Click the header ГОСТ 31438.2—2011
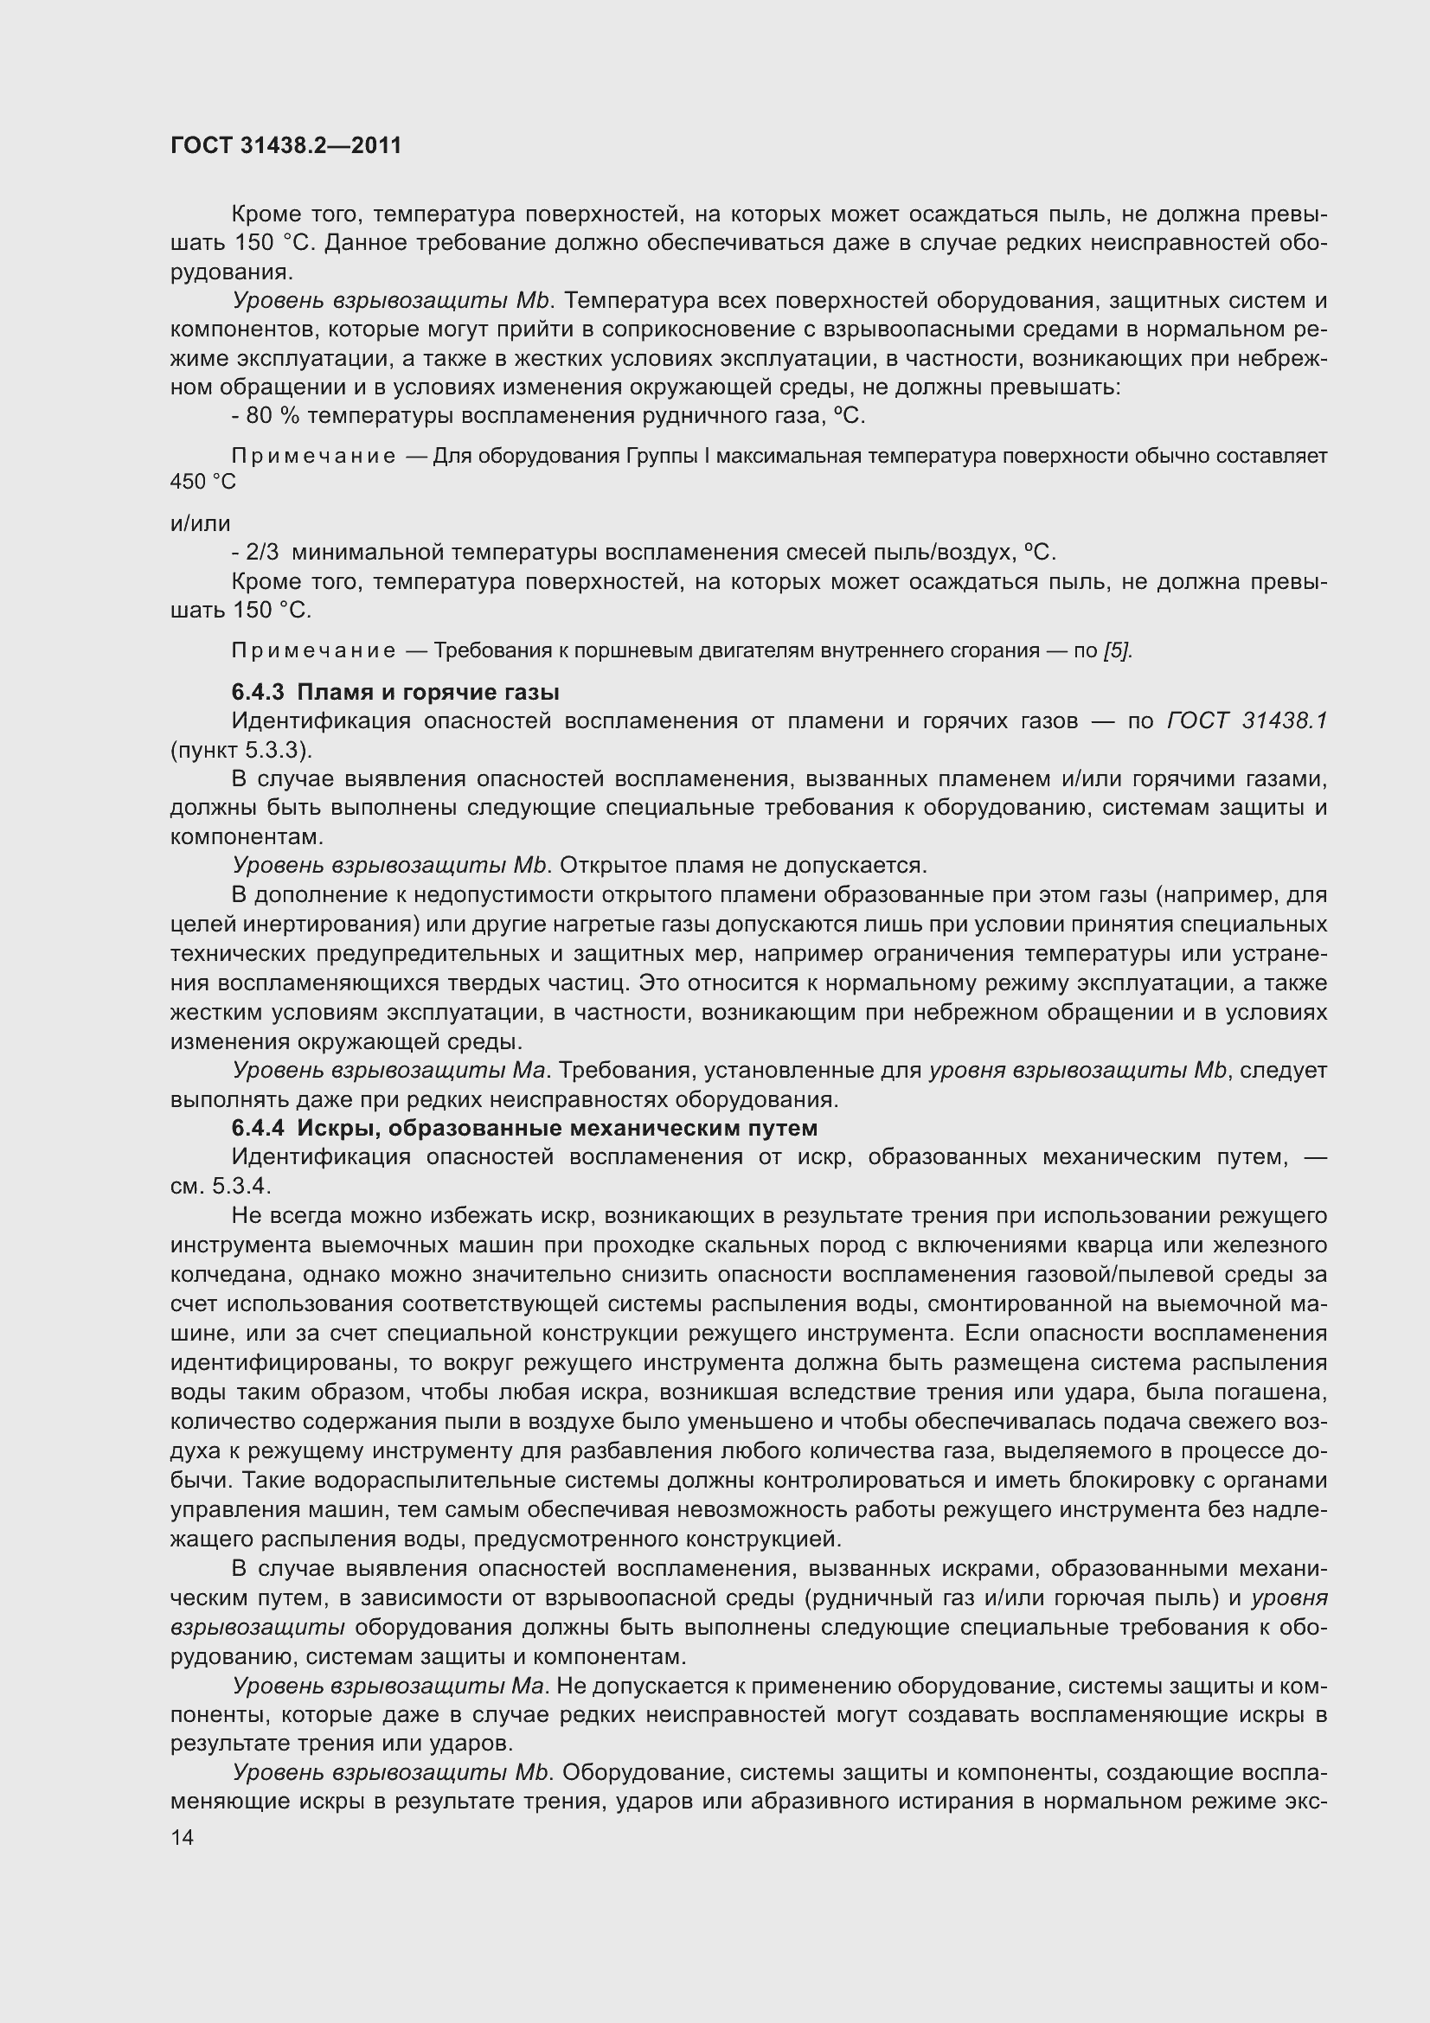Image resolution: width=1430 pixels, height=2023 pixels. [285, 146]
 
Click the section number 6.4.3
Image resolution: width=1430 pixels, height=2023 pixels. [258, 692]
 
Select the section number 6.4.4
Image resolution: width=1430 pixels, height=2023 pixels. [258, 1128]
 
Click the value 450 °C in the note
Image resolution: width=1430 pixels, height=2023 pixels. [202, 482]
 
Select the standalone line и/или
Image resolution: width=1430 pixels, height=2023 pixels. [200, 524]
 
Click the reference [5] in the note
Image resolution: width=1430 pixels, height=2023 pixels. [1116, 651]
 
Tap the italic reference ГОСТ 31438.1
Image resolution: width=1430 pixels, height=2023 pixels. [1246, 720]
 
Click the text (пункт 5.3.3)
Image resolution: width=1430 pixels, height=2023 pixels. [241, 750]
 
